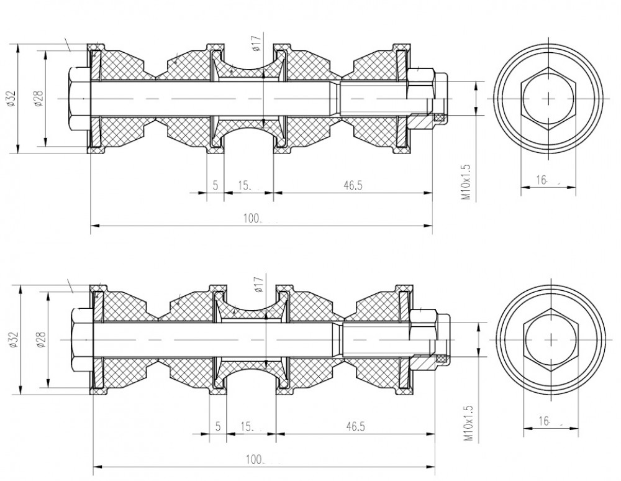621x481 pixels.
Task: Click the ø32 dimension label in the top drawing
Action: tap(11, 99)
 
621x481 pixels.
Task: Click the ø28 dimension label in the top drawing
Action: tap(39, 99)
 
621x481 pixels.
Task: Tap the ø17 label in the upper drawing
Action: tap(256, 43)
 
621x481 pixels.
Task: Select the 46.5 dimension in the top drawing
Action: tap(353, 185)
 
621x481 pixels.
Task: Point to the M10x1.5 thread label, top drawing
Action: tap(466, 182)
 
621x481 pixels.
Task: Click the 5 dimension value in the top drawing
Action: tap(215, 185)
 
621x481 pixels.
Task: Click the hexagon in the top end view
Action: tap(548, 98)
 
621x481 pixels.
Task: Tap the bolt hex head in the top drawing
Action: tap(79, 99)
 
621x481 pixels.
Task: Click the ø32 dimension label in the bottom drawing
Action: tap(14, 339)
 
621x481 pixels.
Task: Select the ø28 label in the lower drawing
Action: tap(41, 339)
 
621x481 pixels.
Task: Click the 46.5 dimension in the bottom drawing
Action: tap(355, 426)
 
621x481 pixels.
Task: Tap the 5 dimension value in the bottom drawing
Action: tap(218, 426)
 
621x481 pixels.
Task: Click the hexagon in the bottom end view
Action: tap(550, 339)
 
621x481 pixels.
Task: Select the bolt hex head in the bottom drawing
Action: tap(82, 339)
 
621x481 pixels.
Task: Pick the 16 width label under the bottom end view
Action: tap(545, 421)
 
